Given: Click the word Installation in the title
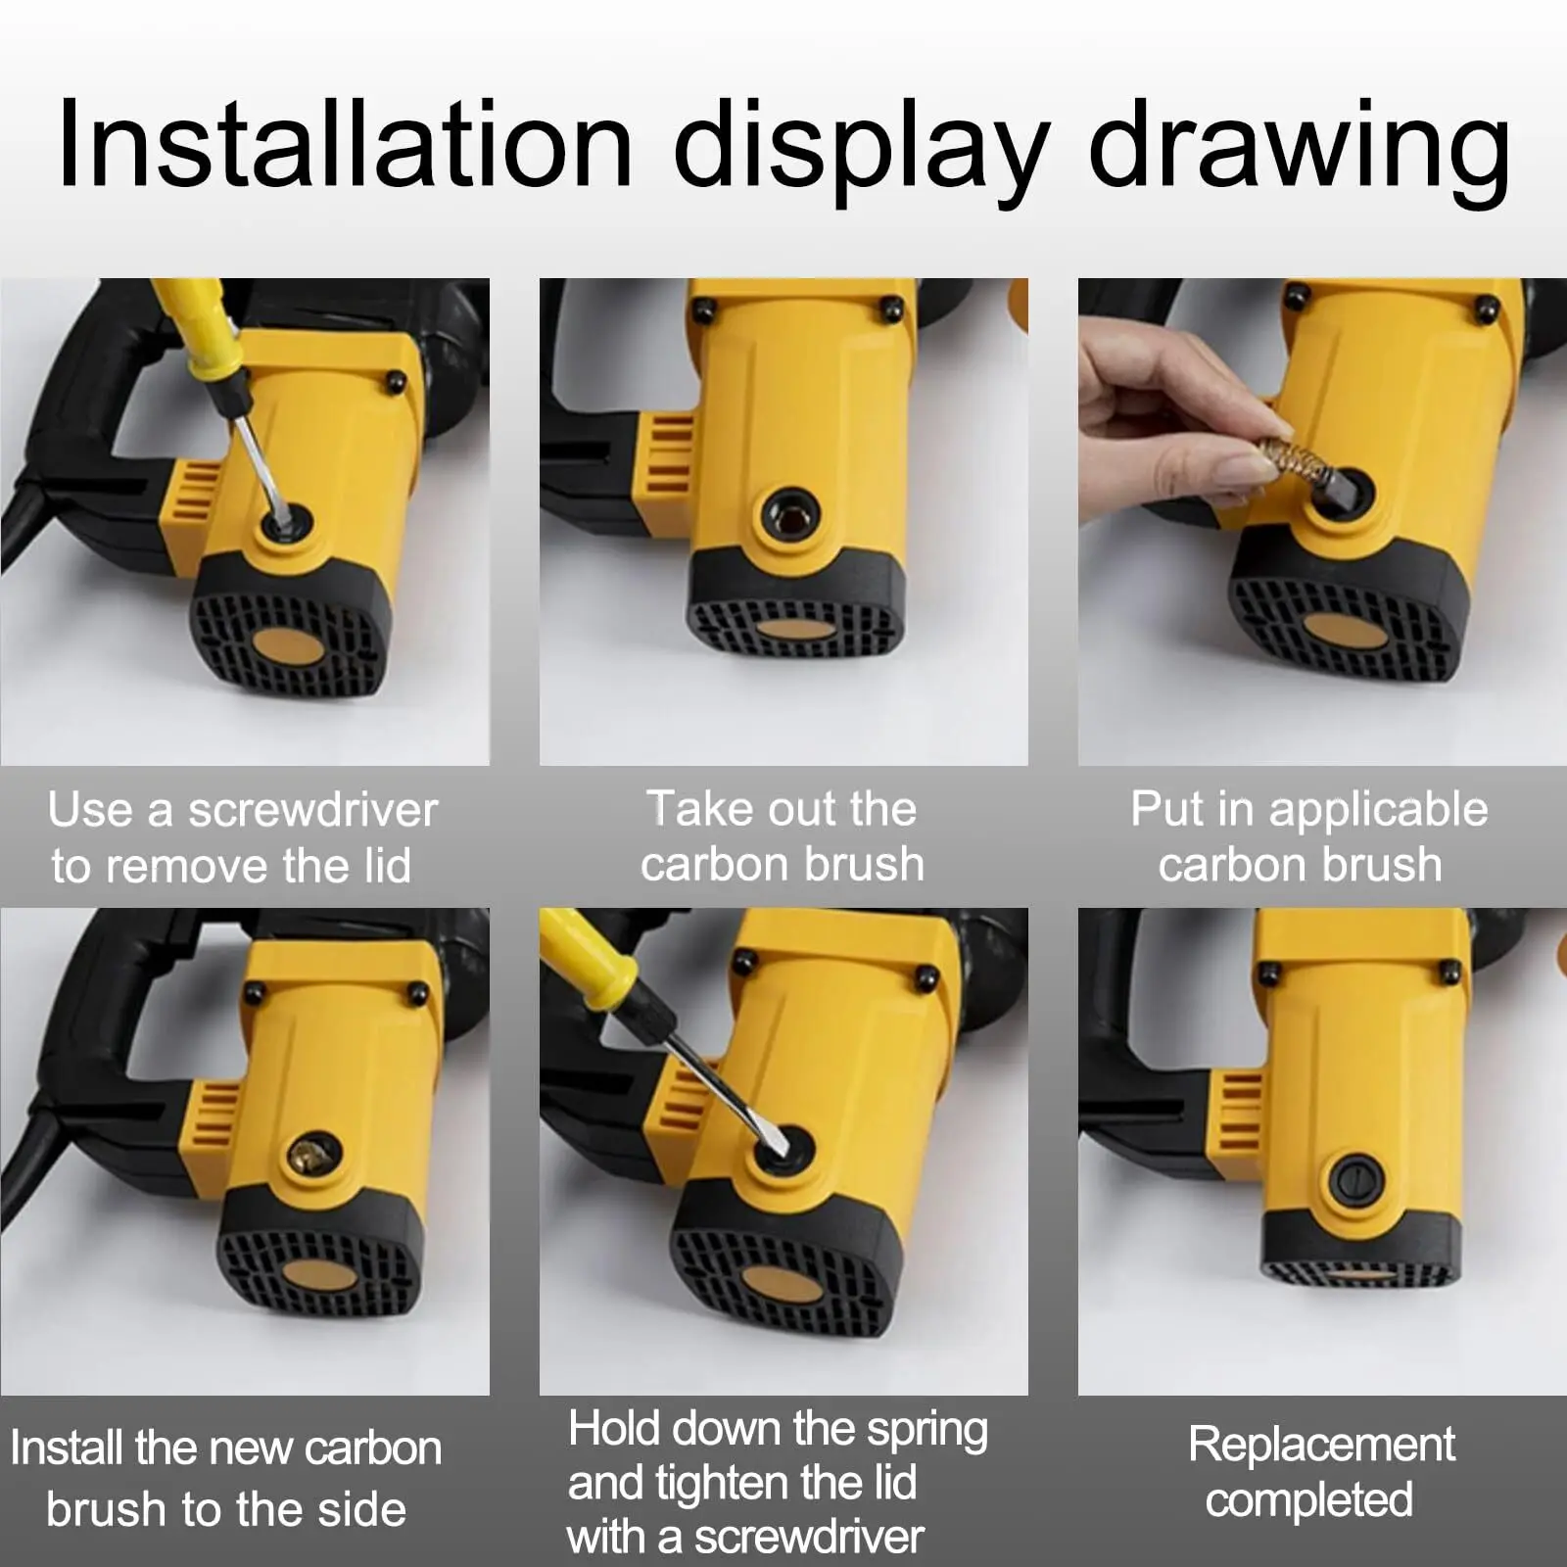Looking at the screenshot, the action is click(346, 145).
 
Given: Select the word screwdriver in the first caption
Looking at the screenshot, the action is click(312, 810).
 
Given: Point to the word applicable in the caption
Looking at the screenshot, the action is click(1378, 811).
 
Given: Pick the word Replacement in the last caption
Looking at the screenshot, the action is click(1321, 1446).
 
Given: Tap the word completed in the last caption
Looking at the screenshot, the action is click(1309, 1500).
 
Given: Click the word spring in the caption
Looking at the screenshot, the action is click(926, 1432).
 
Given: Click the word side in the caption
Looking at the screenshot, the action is click(361, 1509).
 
